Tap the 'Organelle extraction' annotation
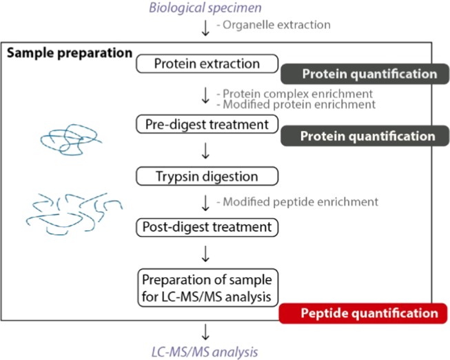(273, 25)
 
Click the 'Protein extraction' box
(207, 64)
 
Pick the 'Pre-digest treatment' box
(207, 125)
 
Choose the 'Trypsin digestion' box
(207, 176)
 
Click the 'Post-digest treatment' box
(207, 226)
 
